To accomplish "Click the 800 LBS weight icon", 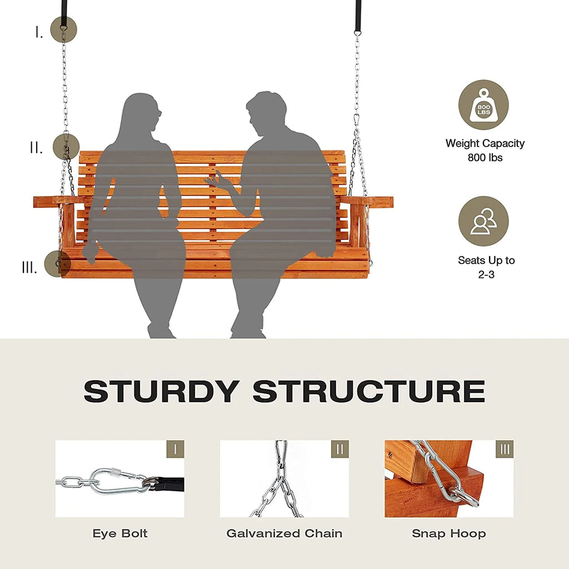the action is [483, 105].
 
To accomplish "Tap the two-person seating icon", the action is [483, 221].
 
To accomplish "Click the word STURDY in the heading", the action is [162, 391].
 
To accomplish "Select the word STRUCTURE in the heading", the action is [369, 391].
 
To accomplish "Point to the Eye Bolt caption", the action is [120, 533].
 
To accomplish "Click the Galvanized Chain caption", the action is [284, 533].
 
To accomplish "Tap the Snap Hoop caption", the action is [449, 533].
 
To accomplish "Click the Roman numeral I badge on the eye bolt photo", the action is [175, 449].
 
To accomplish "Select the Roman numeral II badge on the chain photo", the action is [340, 449].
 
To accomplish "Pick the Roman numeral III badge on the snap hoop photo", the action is [505, 449].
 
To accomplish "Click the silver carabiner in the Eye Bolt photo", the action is [116, 481].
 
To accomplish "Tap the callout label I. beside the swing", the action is [39, 32].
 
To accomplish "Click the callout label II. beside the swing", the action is [36, 148].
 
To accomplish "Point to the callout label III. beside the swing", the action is [29, 267].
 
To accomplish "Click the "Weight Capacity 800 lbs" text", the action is [485, 150].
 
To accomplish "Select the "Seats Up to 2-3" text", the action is [486, 267].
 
